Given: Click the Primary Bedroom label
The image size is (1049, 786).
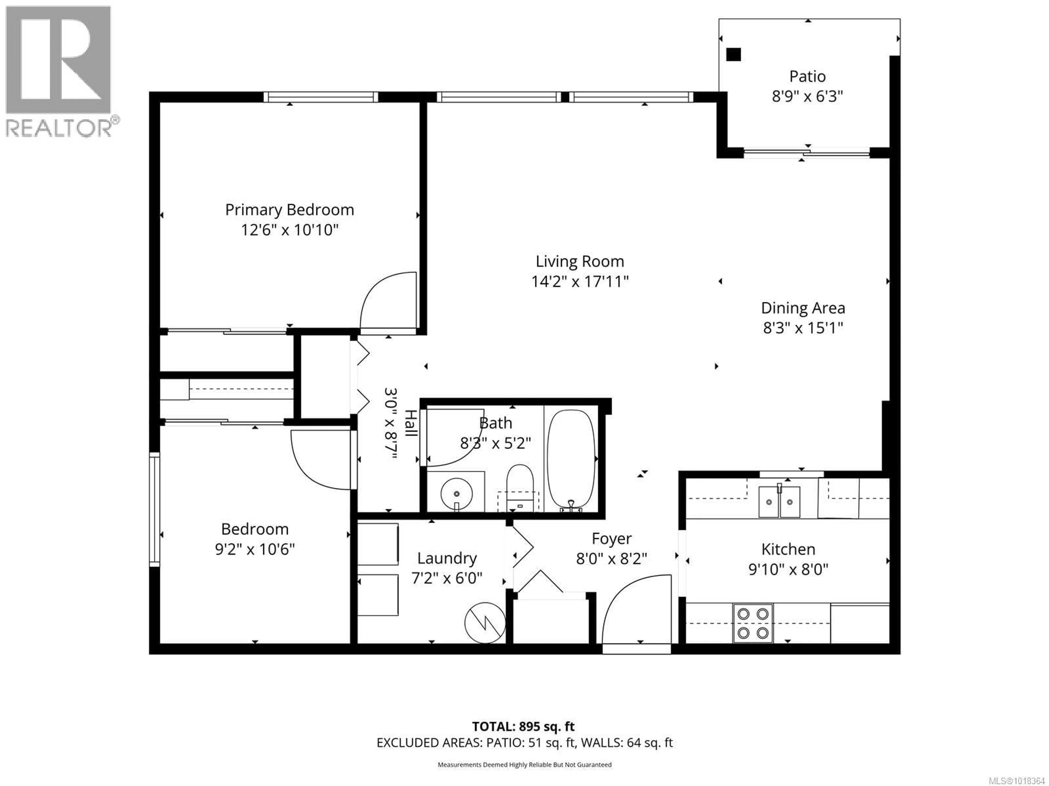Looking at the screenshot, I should pyautogui.click(x=289, y=210).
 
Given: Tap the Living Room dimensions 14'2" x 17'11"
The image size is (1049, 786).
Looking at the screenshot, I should pyautogui.click(x=579, y=282).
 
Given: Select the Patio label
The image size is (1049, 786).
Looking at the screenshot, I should pyautogui.click(x=807, y=76).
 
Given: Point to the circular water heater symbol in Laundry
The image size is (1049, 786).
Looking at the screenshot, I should pyautogui.click(x=485, y=623).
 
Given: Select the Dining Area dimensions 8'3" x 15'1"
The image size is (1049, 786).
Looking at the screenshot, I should pyautogui.click(x=803, y=328).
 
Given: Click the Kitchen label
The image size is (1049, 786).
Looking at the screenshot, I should pyautogui.click(x=788, y=550).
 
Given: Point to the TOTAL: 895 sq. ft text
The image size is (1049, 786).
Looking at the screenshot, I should pyautogui.click(x=523, y=727).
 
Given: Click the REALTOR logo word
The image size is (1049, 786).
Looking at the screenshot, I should pyautogui.click(x=59, y=128).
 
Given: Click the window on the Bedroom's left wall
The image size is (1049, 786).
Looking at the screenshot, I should pyautogui.click(x=155, y=509).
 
